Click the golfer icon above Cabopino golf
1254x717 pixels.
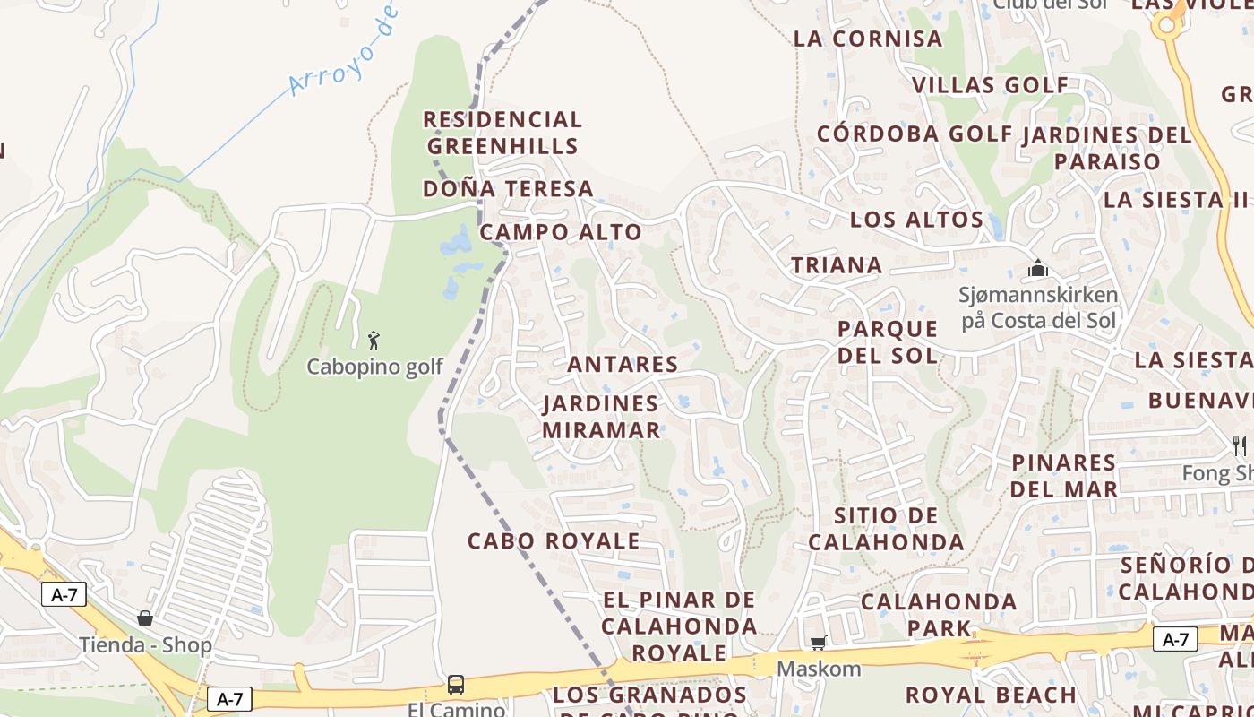tap(374, 341)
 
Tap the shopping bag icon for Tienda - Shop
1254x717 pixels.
tap(145, 618)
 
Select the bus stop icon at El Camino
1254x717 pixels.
tap(456, 686)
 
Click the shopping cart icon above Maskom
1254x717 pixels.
tap(818, 643)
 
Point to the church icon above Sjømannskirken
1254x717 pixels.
tap(1038, 268)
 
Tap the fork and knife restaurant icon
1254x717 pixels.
tap(1240, 445)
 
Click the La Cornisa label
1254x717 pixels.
tap(868, 39)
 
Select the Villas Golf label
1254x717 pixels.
tap(990, 85)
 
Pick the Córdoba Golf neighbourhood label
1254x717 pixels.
tap(915, 134)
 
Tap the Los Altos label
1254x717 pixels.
tap(916, 220)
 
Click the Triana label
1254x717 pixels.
tap(837, 265)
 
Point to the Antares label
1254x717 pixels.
tap(623, 364)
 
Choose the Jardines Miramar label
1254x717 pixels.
tap(601, 417)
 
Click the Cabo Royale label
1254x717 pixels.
tap(554, 541)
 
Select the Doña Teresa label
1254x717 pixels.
tap(508, 189)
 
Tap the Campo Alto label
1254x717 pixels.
tap(561, 232)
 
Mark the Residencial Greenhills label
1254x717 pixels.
tap(502, 133)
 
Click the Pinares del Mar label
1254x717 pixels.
tap(1064, 476)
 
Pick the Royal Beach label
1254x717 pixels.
tap(991, 695)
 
